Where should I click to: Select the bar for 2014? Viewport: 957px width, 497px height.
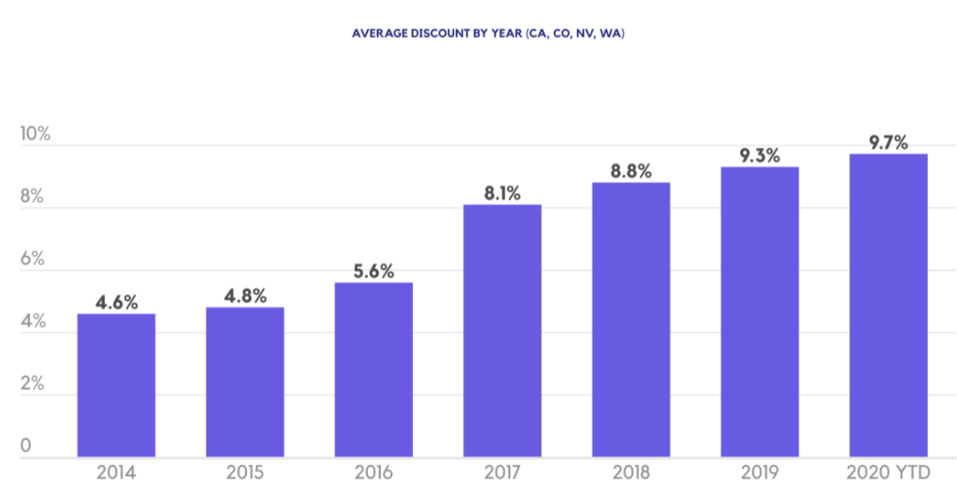(x=116, y=385)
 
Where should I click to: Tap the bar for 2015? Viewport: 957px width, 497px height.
(x=245, y=382)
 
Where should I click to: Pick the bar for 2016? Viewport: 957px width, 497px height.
(x=374, y=369)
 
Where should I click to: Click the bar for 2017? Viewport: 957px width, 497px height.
(x=502, y=330)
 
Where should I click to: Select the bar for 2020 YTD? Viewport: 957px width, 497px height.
(x=888, y=305)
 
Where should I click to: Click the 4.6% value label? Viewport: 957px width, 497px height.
(x=116, y=302)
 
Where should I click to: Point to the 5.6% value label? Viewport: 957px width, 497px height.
(x=374, y=271)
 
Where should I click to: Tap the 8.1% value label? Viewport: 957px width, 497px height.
(x=502, y=193)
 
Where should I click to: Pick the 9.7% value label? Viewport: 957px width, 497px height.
(x=888, y=143)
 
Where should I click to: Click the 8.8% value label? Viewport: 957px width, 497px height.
(x=631, y=171)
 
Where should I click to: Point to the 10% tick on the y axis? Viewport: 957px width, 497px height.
(x=35, y=135)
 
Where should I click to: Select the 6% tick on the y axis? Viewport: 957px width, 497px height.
(x=32, y=260)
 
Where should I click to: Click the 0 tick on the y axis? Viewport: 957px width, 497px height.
(x=26, y=447)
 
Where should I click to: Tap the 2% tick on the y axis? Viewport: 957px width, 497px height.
(x=32, y=384)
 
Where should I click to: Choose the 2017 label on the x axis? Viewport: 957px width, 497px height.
(x=502, y=473)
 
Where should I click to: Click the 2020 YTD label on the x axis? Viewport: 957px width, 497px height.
(x=888, y=473)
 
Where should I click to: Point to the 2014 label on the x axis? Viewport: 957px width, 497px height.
(x=116, y=473)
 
